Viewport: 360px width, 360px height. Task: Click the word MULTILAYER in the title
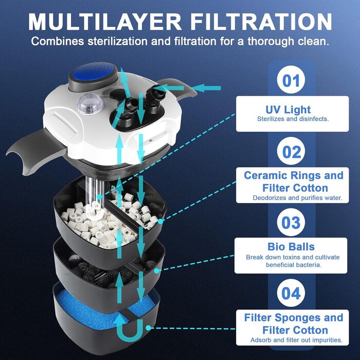click(105, 22)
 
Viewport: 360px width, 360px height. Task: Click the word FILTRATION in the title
click(261, 22)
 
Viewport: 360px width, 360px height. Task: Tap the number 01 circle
click(291, 79)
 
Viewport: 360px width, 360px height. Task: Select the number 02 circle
click(291, 151)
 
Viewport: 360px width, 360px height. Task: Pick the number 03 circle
click(291, 222)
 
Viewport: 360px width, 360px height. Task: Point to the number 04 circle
click(291, 293)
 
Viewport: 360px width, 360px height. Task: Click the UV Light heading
click(288, 109)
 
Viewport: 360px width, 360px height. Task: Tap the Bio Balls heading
click(291, 246)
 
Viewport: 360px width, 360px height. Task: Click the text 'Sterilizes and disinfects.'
click(293, 119)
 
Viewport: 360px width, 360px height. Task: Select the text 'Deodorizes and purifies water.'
click(297, 197)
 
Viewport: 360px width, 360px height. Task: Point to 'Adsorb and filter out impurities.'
click(296, 340)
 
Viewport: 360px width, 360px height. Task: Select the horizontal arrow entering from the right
click(206, 88)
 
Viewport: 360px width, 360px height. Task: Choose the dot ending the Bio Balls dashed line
click(156, 271)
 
